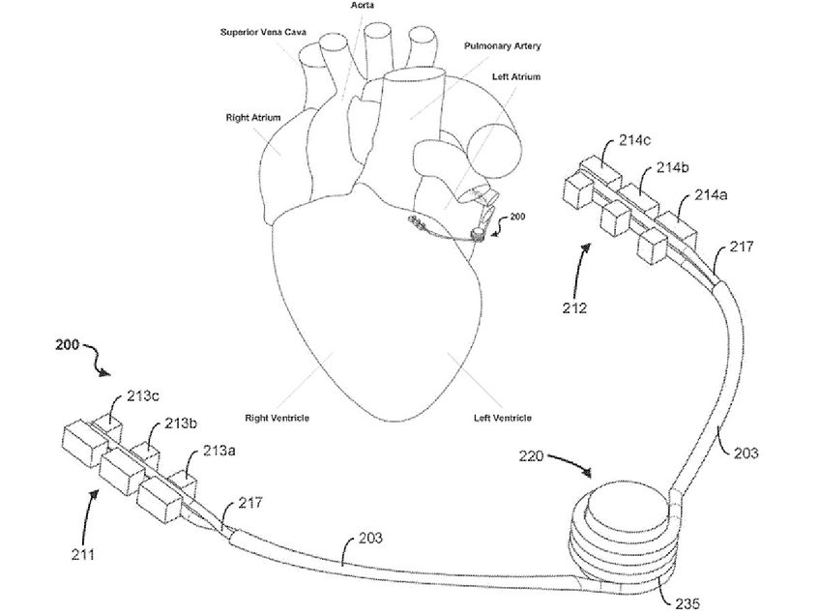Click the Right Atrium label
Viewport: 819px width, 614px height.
(x=253, y=118)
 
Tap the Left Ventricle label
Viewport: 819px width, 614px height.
(x=500, y=418)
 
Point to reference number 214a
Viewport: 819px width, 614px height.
(x=714, y=196)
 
